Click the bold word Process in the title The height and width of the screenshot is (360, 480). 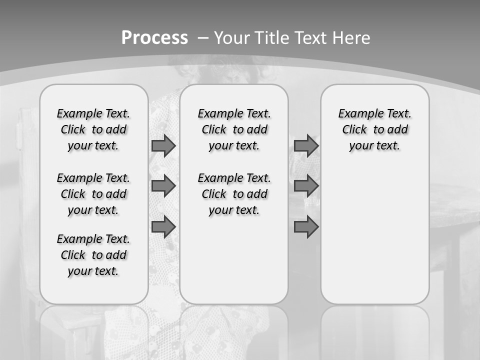(154, 38)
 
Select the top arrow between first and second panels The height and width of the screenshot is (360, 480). (163, 145)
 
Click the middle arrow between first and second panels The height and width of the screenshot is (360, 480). (163, 186)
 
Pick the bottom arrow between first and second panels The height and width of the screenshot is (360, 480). (163, 226)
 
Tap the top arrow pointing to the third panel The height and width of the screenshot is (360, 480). (306, 145)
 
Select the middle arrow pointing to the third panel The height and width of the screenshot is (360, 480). (306, 186)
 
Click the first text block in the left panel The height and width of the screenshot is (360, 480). (93, 129)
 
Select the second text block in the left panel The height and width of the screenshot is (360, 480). (93, 194)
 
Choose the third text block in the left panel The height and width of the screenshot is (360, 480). (93, 255)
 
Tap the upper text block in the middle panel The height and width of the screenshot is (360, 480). (234, 129)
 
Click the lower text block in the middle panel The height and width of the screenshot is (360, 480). (234, 194)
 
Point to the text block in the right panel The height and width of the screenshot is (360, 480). (374, 129)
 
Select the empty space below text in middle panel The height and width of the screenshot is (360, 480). (234, 260)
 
